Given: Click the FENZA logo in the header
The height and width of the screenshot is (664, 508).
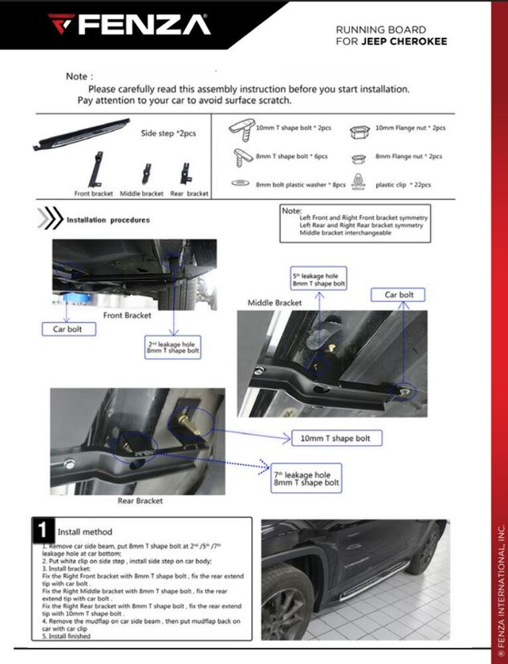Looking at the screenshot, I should click(129, 25).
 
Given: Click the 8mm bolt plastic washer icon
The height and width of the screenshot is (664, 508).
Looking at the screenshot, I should click(240, 184).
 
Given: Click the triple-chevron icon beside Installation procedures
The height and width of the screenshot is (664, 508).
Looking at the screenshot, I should click(49, 219).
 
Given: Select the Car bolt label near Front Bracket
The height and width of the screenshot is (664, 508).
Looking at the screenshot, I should click(68, 329).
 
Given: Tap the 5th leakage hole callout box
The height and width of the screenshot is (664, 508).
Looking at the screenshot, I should click(319, 279).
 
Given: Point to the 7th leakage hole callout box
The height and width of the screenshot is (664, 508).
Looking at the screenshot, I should click(306, 479).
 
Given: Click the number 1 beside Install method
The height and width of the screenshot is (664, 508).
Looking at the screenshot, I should click(42, 530).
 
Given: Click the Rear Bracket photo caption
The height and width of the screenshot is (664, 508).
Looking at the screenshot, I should click(140, 501).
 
